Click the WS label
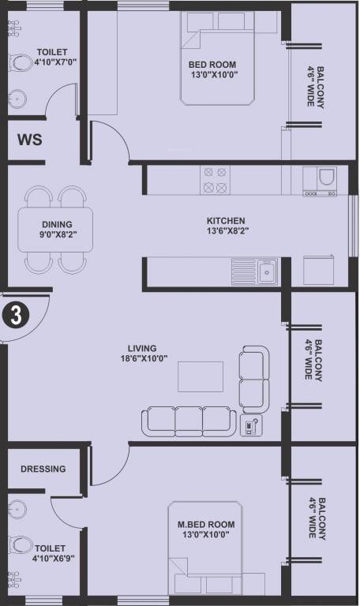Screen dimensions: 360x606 (x=30, y=140)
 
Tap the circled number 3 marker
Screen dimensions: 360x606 (x=16, y=316)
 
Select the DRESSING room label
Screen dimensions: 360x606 (x=43, y=469)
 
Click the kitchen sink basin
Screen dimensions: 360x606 (x=267, y=271)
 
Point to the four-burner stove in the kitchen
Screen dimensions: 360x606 (x=215, y=180)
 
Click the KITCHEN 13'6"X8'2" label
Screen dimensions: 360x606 (x=227, y=226)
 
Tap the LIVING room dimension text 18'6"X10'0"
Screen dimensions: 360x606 (x=144, y=358)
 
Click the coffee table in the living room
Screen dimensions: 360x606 (x=201, y=376)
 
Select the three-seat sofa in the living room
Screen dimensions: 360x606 (x=189, y=421)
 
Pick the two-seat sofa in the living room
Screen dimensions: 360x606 (x=254, y=380)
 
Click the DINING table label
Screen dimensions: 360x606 (x=57, y=229)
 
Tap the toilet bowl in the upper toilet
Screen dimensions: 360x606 (x=21, y=62)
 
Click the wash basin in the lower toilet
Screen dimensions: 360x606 (x=18, y=508)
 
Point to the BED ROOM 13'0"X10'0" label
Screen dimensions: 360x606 (x=213, y=69)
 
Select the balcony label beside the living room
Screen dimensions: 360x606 (x=313, y=360)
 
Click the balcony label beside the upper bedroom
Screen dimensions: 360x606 (x=315, y=87)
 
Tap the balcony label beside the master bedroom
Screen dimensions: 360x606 (x=317, y=518)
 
